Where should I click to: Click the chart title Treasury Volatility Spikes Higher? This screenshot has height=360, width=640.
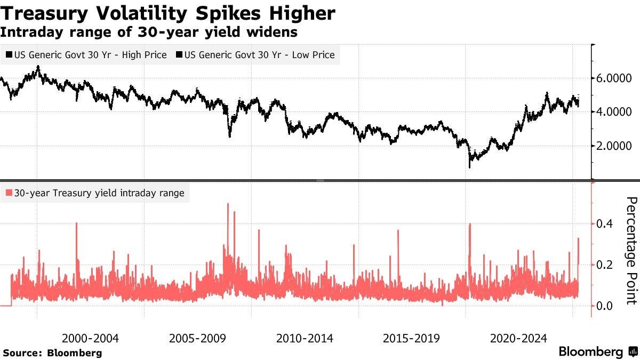(168, 13)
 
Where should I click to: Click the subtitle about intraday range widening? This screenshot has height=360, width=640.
(149, 32)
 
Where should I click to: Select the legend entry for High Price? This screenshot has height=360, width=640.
(86, 54)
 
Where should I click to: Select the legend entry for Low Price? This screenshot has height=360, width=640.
(258, 54)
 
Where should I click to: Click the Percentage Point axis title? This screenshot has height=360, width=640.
(631, 251)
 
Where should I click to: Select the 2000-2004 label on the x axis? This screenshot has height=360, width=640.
(90, 338)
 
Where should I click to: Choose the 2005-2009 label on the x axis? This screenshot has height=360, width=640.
(197, 338)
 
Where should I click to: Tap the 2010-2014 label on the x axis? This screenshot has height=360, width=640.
(305, 338)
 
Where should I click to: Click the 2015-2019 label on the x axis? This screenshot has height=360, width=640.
(411, 338)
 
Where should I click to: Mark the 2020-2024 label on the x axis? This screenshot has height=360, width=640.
(518, 338)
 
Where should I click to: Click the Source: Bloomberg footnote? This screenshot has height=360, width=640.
(52, 353)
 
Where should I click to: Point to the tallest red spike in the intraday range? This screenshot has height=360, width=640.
(228, 205)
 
